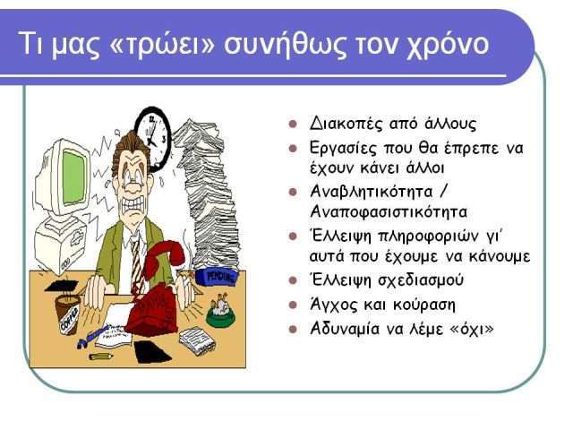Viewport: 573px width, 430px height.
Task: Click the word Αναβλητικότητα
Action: coord(371,192)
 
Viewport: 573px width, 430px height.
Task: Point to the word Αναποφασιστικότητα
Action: coord(389,212)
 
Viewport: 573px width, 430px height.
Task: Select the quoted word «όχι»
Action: coord(474,330)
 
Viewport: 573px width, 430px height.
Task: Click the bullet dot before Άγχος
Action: coord(293,305)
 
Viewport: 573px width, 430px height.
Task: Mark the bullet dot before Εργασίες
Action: coord(293,149)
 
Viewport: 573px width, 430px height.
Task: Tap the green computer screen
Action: coord(73,176)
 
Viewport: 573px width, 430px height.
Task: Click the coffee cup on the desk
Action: coord(68,314)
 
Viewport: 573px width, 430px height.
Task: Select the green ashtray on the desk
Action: coord(220,314)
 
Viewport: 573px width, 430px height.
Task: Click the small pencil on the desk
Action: coord(100,357)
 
